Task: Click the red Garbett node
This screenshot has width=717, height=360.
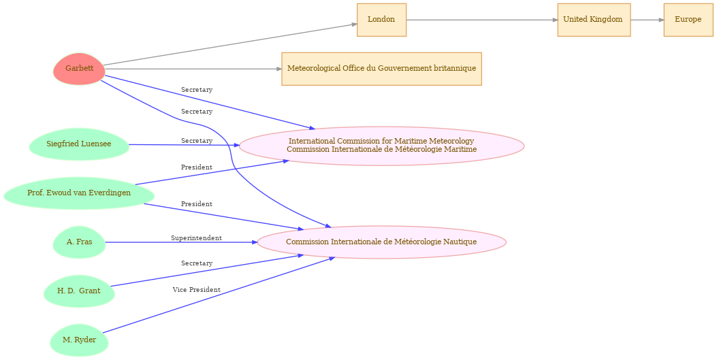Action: [x=79, y=69]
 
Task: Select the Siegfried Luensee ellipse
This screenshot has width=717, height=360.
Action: [x=79, y=144]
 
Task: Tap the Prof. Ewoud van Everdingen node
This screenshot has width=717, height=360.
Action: [x=79, y=193]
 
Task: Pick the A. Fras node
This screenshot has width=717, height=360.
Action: [x=79, y=242]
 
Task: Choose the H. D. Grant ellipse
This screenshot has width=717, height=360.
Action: [x=79, y=291]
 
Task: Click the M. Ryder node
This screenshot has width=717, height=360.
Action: [x=79, y=340]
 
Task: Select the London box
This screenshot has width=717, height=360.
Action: [x=381, y=20]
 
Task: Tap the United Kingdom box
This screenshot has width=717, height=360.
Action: [x=593, y=20]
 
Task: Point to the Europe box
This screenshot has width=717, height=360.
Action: [x=688, y=20]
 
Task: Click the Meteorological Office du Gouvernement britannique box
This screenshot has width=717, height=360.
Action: [x=381, y=69]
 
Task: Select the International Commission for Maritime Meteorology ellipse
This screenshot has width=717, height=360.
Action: [x=381, y=146]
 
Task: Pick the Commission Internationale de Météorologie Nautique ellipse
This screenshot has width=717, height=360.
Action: [x=381, y=242]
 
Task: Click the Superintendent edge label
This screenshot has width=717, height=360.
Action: [x=196, y=238]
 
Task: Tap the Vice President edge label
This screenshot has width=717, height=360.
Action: [x=196, y=290]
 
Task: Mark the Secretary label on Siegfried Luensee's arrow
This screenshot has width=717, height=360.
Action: [x=196, y=141]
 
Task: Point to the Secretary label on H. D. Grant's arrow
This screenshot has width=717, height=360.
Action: [x=196, y=263]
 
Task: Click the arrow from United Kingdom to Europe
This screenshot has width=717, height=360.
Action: [x=647, y=20]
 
